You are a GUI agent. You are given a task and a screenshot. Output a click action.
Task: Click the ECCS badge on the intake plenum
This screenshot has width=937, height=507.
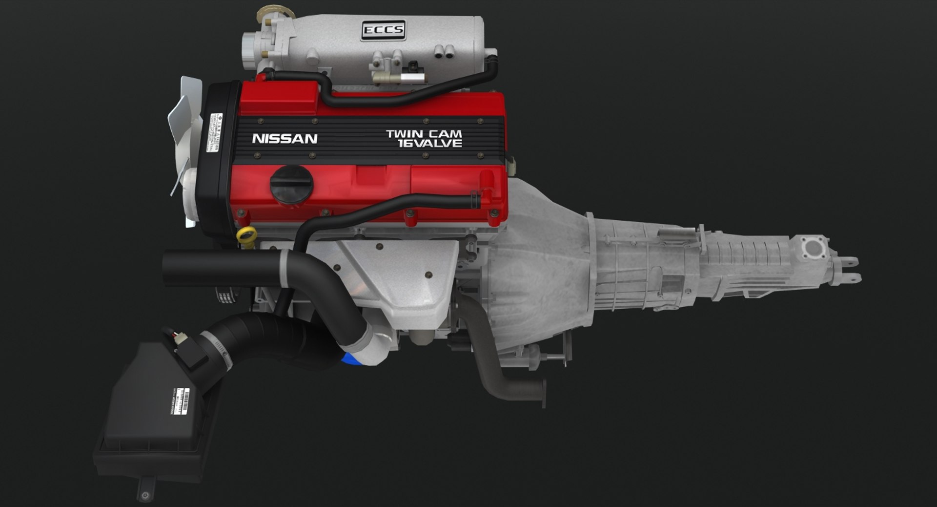tap(384, 30)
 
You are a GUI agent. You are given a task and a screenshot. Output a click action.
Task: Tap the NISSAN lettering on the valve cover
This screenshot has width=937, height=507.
tap(285, 139)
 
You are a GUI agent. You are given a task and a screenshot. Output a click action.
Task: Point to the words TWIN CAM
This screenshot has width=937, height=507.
tap(424, 133)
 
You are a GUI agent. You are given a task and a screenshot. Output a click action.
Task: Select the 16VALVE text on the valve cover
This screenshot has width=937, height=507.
tap(429, 143)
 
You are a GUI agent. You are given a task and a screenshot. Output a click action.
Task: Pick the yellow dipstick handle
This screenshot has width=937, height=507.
tap(246, 235)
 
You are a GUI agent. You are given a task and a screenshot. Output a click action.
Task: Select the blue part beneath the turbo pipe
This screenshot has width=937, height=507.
tap(349, 359)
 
